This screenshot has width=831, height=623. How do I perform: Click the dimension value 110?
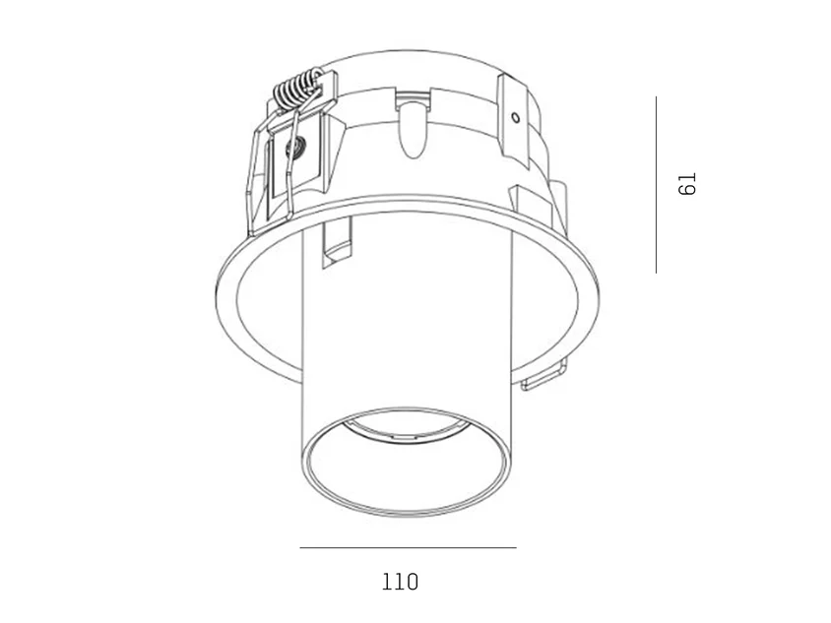400,582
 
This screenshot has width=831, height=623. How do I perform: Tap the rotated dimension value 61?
687,184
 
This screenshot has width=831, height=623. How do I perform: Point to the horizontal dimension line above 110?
408,547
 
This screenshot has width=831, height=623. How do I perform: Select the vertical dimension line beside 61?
656,184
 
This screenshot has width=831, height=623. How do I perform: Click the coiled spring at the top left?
296,89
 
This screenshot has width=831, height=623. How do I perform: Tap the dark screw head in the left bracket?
294,145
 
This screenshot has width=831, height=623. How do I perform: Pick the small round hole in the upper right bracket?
515,117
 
